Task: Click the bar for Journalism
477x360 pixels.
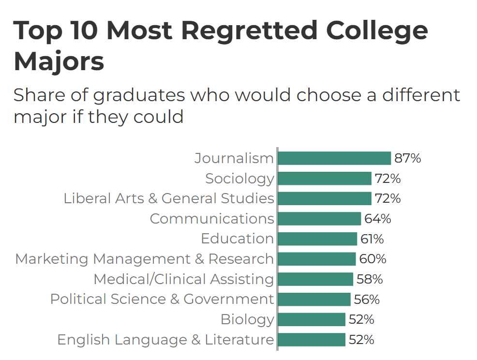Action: (x=334, y=158)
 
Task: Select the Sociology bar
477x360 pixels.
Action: (x=324, y=179)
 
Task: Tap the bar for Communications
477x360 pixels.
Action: (x=319, y=219)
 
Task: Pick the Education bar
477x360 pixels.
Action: (x=317, y=239)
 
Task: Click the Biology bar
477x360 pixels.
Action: (x=311, y=319)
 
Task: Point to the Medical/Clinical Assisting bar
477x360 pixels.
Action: (x=315, y=279)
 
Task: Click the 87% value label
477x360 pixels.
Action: (x=407, y=158)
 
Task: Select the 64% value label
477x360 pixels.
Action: (x=377, y=219)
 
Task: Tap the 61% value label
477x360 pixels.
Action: (x=372, y=239)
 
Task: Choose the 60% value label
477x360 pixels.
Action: (x=373, y=259)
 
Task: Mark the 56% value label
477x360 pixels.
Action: (x=366, y=300)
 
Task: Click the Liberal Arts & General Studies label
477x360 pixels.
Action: (x=169, y=198)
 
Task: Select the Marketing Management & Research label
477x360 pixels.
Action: (x=145, y=259)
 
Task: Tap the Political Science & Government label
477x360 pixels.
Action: (x=162, y=299)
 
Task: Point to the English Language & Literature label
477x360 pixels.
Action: (x=165, y=340)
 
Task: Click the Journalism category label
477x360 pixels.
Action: (x=234, y=158)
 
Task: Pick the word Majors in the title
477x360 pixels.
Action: (x=59, y=61)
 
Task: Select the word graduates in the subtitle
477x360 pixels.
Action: (x=139, y=95)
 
